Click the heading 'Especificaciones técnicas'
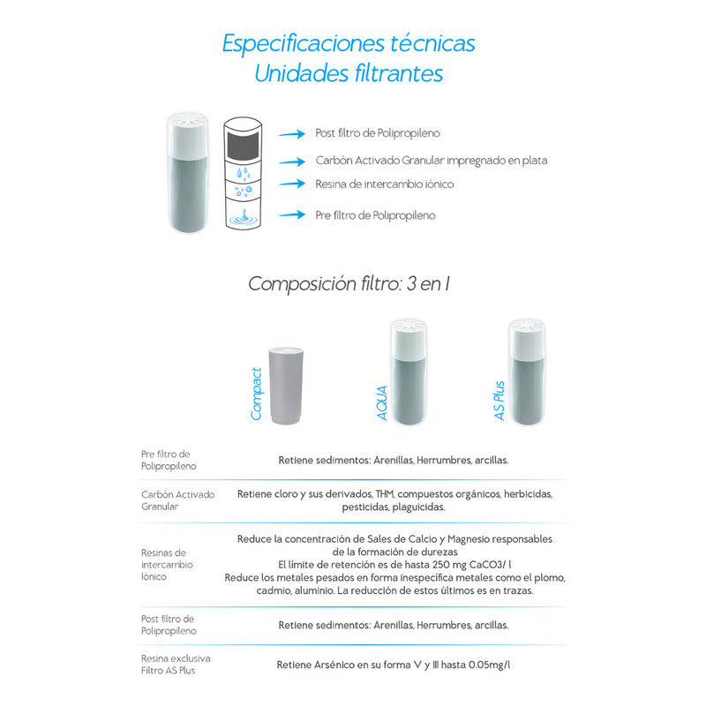click(349, 43)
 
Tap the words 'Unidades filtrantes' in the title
click(349, 73)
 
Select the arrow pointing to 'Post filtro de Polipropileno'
click(293, 134)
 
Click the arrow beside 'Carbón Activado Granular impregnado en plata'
click(293, 161)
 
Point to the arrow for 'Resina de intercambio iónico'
click(293, 184)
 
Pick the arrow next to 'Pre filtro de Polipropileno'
click(293, 214)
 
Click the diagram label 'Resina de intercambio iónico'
click(384, 184)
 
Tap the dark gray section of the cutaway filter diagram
click(244, 145)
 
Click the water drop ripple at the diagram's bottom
click(244, 217)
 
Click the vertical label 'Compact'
click(256, 393)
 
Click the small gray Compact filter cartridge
click(288, 386)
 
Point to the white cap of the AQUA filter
click(409, 339)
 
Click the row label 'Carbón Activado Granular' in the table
click(177, 500)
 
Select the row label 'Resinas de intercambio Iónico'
click(167, 564)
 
